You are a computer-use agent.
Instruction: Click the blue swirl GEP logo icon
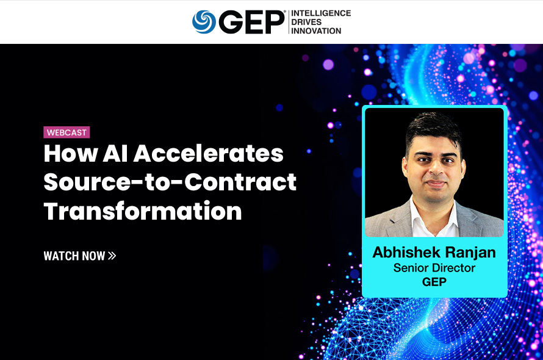click(x=204, y=22)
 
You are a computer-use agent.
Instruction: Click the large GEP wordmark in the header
click(x=252, y=22)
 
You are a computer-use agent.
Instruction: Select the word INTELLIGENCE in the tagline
click(x=321, y=13)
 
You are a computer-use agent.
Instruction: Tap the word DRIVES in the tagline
click(x=306, y=22)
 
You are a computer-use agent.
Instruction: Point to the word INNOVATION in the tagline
click(x=316, y=31)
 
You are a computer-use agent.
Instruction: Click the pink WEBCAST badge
click(x=67, y=132)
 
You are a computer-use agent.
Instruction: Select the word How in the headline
click(x=71, y=154)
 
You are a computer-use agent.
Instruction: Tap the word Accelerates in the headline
click(x=209, y=154)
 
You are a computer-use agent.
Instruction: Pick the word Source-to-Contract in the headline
click(x=170, y=182)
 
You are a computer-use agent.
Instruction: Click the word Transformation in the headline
click(x=143, y=211)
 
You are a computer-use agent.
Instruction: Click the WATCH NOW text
click(x=74, y=256)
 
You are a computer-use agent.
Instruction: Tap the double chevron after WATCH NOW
click(x=112, y=256)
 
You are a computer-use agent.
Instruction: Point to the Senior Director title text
click(x=434, y=268)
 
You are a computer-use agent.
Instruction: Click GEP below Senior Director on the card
click(x=434, y=282)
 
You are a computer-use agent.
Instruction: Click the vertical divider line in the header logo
click(x=289, y=22)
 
